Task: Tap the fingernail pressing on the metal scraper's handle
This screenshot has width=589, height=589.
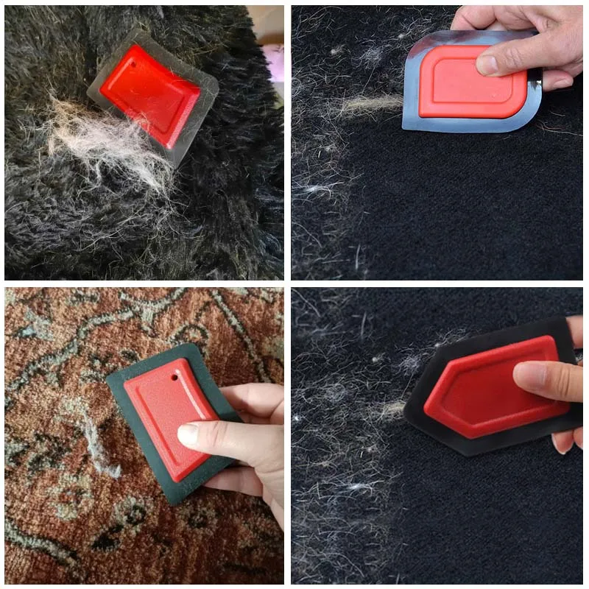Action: coord(488,65)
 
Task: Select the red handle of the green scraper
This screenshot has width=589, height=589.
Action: coord(166,412)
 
